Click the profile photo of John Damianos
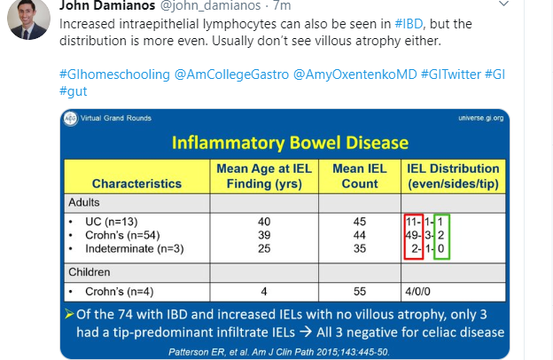point(27,19)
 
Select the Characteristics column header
point(136,184)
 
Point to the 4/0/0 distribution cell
point(418,289)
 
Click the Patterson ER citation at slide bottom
point(290,351)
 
